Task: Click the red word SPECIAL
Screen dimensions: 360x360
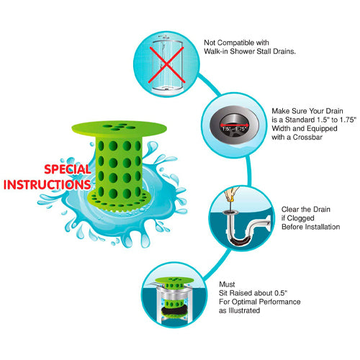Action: tap(68, 169)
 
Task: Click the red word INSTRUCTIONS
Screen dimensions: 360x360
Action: tap(47, 184)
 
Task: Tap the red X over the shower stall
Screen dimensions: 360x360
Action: tap(166, 65)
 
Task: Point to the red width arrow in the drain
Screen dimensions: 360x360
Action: tap(234, 125)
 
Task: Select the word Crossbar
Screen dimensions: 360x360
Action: tap(307, 137)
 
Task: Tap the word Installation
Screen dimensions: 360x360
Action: tap(322, 227)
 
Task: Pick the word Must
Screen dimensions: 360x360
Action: tap(227, 284)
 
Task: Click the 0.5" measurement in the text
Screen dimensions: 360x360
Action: tap(281, 293)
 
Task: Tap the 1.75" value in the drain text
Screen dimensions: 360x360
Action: tap(348, 120)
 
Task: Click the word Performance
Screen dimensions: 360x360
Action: tap(280, 302)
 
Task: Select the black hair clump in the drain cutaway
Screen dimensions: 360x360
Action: tap(172, 311)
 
